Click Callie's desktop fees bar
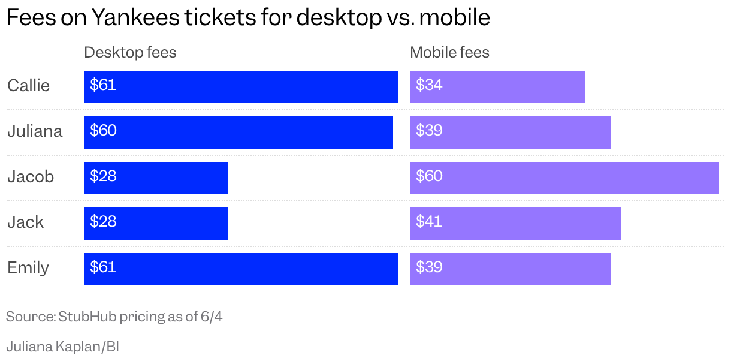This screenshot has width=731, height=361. pyautogui.click(x=240, y=87)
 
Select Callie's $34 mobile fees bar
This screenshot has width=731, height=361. pyautogui.click(x=497, y=87)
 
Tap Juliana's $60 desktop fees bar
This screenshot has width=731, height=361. pyautogui.click(x=238, y=133)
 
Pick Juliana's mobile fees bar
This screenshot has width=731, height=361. pyautogui.click(x=511, y=133)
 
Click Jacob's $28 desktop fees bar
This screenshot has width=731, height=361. pyautogui.click(x=156, y=178)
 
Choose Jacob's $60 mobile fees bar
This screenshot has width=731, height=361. pyautogui.click(x=564, y=178)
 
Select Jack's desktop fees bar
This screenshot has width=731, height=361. pyautogui.click(x=156, y=224)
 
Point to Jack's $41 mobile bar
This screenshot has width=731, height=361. pyautogui.click(x=515, y=224)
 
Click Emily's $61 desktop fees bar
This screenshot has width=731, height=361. pyautogui.click(x=240, y=269)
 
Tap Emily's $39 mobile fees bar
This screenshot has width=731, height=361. pyautogui.click(x=511, y=269)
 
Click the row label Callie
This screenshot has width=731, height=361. pyautogui.click(x=28, y=86)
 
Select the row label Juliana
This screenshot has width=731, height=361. pyautogui.click(x=35, y=131)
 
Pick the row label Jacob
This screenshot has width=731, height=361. pyautogui.click(x=31, y=177)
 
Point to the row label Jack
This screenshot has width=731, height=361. pyautogui.click(x=25, y=222)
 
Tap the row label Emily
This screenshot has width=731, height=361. pyautogui.click(x=28, y=269)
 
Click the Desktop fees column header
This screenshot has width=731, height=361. pyautogui.click(x=130, y=52)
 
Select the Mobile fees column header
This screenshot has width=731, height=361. pyautogui.click(x=449, y=52)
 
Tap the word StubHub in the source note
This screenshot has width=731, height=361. pyautogui.click(x=87, y=316)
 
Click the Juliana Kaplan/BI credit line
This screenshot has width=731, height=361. pyautogui.click(x=63, y=347)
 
